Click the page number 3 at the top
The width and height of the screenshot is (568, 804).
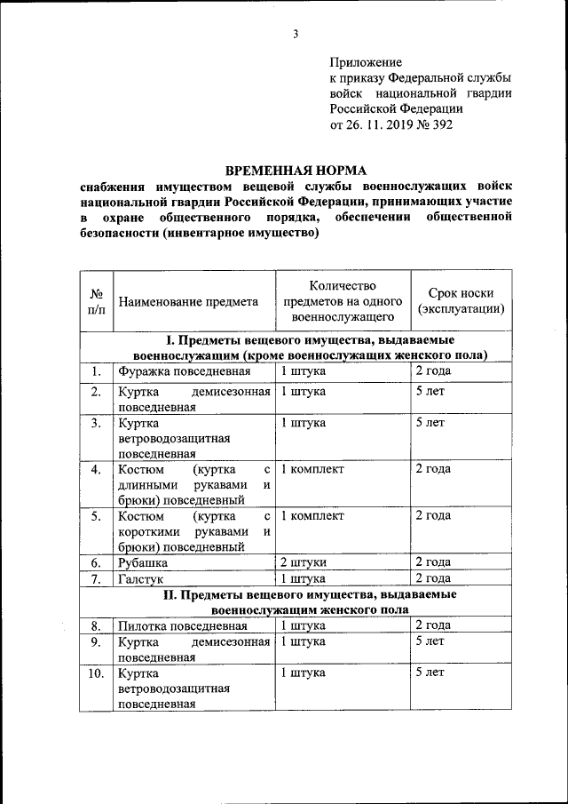[x=296, y=35]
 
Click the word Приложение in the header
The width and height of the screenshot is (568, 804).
[x=366, y=63]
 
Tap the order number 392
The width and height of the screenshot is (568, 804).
[x=438, y=124]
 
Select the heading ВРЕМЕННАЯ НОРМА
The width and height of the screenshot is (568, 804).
[x=296, y=170]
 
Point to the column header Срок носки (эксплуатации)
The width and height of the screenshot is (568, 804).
[x=461, y=302]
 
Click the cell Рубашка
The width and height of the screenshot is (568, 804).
[x=143, y=562]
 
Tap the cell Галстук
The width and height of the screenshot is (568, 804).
[x=140, y=579]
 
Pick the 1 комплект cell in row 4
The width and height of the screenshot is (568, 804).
[x=312, y=469]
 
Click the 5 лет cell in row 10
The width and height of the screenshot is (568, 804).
[x=430, y=673]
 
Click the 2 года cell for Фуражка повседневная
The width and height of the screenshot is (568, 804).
[x=433, y=370]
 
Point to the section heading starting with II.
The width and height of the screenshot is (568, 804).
[x=310, y=602]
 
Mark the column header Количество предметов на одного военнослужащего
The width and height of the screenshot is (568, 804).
[x=343, y=301]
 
